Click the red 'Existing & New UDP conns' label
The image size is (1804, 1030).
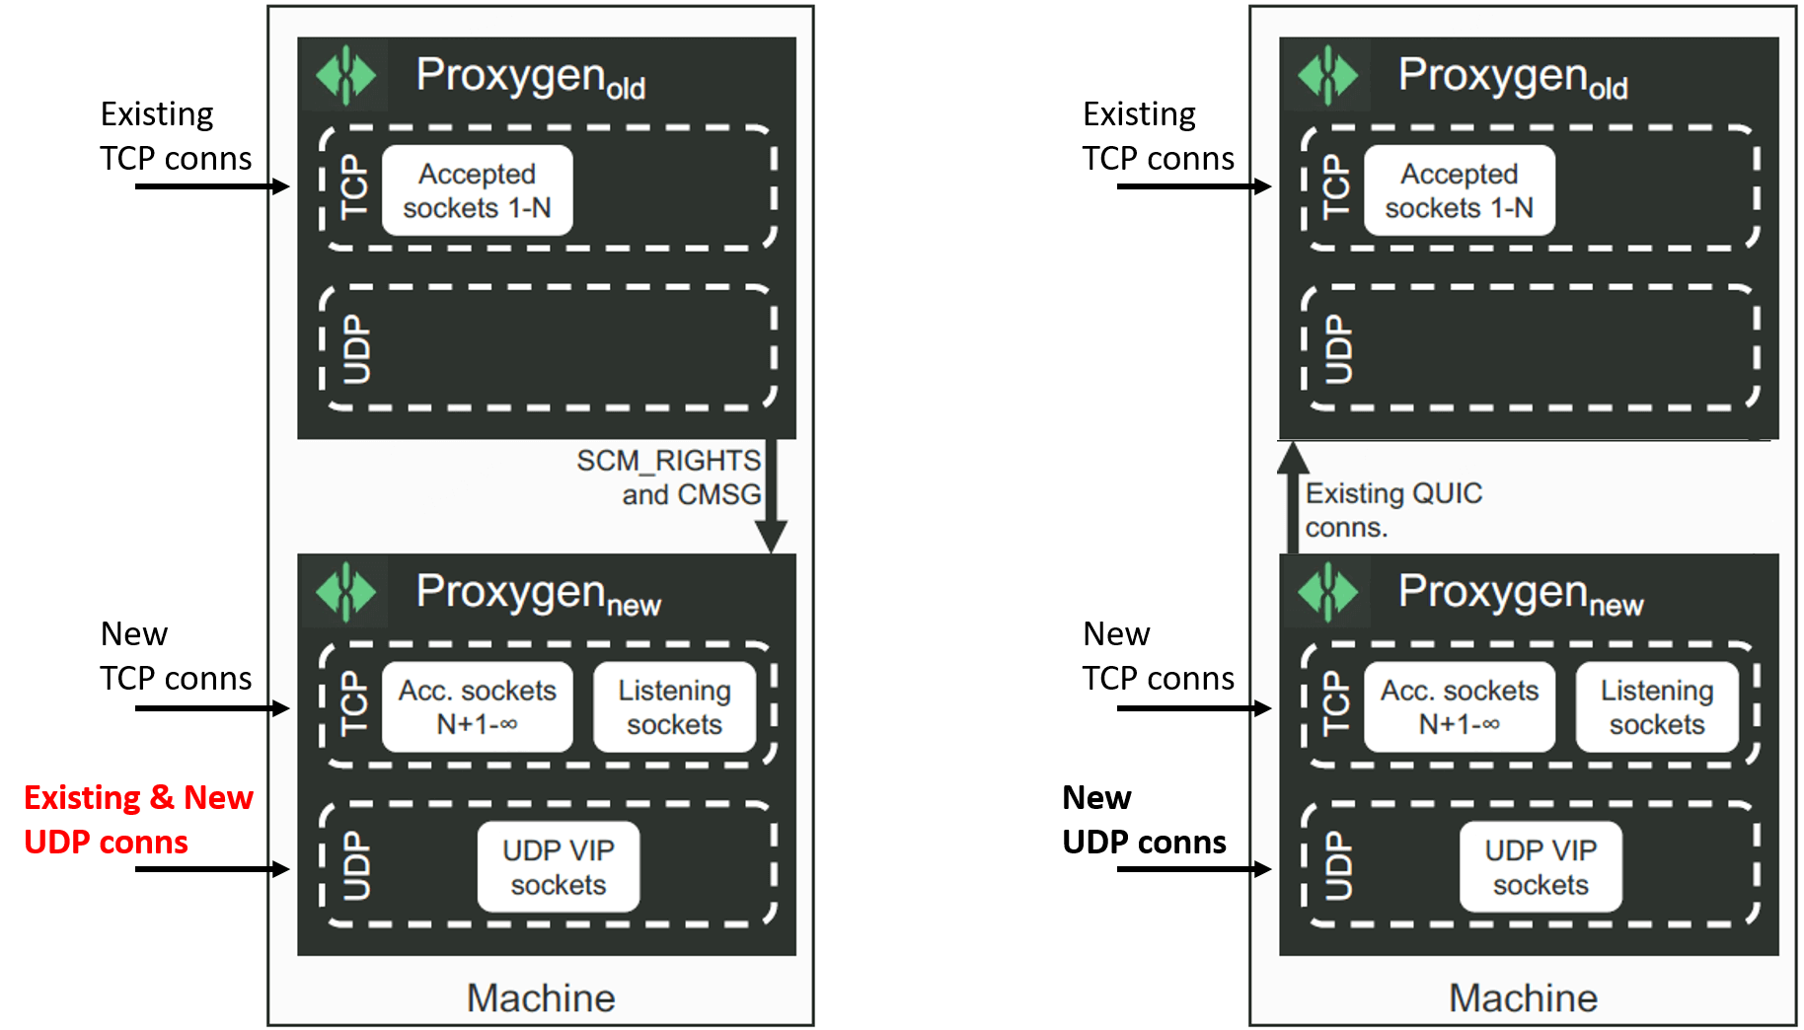(138, 819)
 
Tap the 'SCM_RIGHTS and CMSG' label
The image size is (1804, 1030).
(669, 478)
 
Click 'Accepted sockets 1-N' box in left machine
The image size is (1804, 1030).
(477, 190)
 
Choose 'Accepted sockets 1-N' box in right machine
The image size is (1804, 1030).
(1459, 190)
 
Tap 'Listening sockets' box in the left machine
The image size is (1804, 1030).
(674, 707)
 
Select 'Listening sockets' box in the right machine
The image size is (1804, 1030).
(1656, 707)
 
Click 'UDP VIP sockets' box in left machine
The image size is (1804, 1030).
(558, 867)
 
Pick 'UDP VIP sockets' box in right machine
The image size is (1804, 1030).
(1541, 867)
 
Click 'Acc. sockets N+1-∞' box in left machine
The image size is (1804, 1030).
(477, 707)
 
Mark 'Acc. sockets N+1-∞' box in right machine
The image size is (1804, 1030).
(1459, 707)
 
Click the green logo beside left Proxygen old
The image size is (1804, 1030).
(345, 75)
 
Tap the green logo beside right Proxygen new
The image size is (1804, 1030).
(1327, 592)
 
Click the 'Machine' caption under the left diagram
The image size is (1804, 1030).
(541, 997)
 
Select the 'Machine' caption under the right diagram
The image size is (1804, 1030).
(1523, 997)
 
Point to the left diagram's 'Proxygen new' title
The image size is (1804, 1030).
(538, 594)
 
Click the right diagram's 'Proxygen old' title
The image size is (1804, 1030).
(1512, 77)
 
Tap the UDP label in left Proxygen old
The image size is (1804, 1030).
(356, 349)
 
